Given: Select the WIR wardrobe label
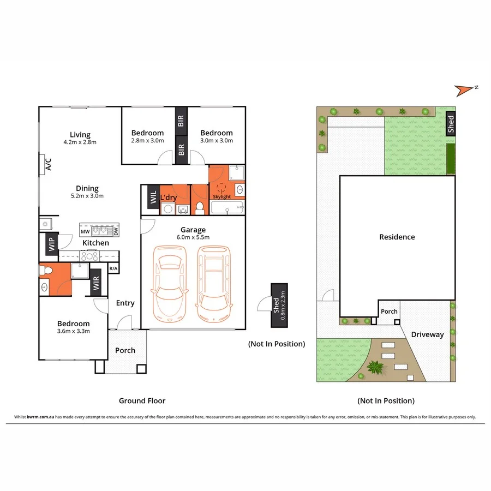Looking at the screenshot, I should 96,283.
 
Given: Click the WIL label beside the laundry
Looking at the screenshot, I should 153,196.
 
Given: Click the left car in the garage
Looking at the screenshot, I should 169,284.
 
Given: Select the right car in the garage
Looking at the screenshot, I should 213,284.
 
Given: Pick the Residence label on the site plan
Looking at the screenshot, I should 397,237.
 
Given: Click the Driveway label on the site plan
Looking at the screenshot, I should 427,334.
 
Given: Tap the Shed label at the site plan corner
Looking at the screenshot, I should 451,124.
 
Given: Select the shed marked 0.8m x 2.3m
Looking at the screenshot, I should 279,306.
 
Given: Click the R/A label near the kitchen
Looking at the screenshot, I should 113,268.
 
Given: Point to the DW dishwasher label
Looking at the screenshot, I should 116,232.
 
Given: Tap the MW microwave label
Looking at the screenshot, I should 85,232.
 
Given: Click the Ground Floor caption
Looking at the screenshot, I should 142,400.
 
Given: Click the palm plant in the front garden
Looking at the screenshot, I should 375,367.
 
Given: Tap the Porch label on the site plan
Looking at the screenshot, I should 389,312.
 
